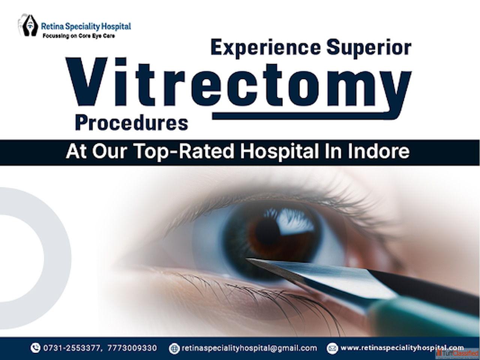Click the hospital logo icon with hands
point(27,25)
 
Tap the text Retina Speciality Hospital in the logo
point(86,27)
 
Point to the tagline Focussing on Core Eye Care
point(79,36)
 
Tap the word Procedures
point(132,123)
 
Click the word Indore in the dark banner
point(378,151)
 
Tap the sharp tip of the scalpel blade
point(247,259)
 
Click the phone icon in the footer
point(35,348)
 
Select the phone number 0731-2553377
point(72,348)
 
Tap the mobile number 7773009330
point(132,348)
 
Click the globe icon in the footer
point(174,348)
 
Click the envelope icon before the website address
point(332,348)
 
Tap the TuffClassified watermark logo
point(457,354)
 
